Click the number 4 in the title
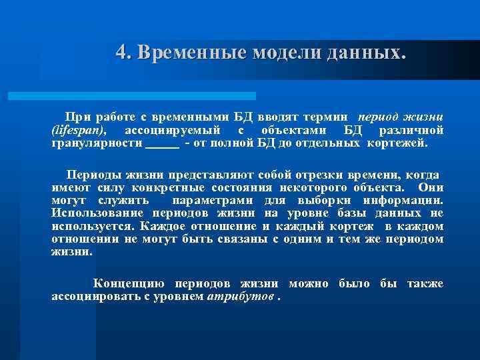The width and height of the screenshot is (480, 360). tap(121, 51)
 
